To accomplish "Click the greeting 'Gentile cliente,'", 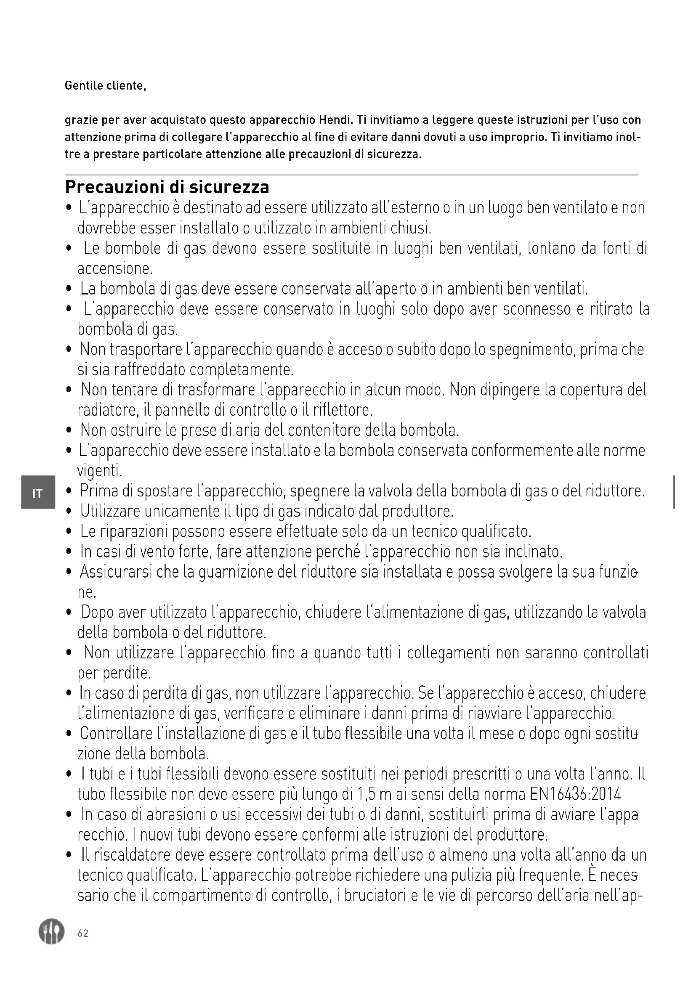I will pos(106,86).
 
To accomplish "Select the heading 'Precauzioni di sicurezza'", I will pos(167,187).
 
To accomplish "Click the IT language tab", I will pos(38,494).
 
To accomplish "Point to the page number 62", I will pos(83,933).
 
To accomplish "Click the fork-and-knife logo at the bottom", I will pos(51,932).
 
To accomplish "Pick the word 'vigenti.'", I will pos(99,472).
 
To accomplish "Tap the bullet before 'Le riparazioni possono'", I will pos(69,532).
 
